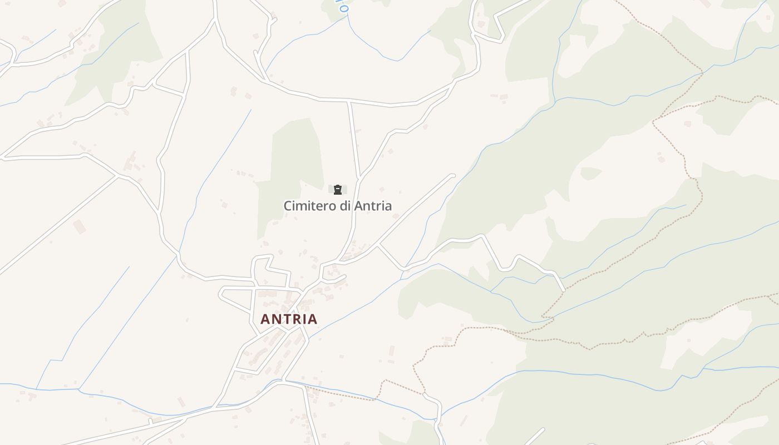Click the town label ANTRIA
(289, 319)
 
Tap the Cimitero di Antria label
(337, 206)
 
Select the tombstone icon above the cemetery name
(337, 190)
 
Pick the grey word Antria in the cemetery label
(373, 206)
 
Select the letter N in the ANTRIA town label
(277, 319)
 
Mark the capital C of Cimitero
(288, 206)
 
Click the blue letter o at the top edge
(343, 8)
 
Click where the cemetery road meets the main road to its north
(349, 101)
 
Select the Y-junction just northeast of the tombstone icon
(360, 177)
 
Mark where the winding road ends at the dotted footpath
(564, 290)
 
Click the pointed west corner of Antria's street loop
(220, 293)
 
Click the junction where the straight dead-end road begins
(378, 245)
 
